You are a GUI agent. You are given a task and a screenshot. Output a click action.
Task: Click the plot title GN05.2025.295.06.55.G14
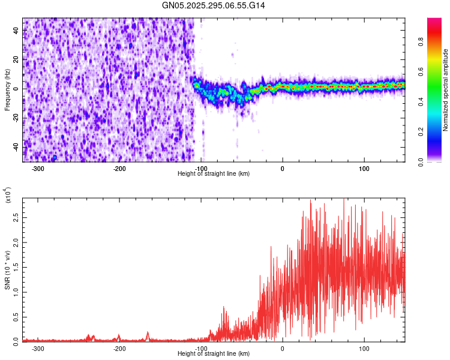214,5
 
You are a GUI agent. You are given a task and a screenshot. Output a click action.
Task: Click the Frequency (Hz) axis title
7,90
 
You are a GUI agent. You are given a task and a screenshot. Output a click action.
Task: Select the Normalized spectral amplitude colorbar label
446,90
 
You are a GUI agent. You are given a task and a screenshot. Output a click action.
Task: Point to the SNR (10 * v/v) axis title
7,269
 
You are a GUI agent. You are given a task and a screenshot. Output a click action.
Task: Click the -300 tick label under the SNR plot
38,348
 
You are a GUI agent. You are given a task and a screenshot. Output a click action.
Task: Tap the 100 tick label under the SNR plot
364,348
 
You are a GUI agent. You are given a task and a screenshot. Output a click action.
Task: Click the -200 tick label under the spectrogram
119,168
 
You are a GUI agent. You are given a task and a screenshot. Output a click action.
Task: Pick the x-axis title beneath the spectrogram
214,173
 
